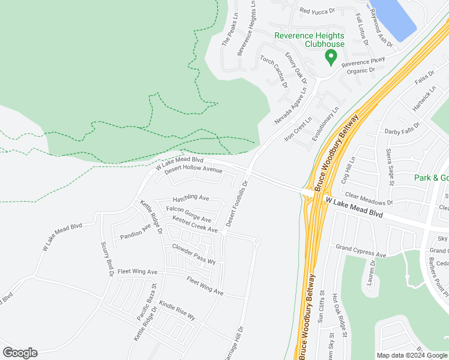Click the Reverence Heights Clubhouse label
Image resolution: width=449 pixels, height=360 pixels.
tap(309, 40)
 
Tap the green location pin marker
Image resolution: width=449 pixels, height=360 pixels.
tap(330, 58)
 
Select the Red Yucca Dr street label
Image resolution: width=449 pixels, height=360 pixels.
tap(316, 11)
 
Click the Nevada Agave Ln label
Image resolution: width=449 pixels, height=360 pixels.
tap(291, 106)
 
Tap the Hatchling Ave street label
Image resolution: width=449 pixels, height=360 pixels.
tap(190, 198)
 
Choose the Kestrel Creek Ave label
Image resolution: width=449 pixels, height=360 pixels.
tap(194, 225)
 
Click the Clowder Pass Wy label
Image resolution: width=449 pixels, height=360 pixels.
tap(193, 254)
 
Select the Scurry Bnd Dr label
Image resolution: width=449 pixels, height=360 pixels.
tap(107, 259)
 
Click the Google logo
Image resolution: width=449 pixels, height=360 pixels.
tap(20, 353)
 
